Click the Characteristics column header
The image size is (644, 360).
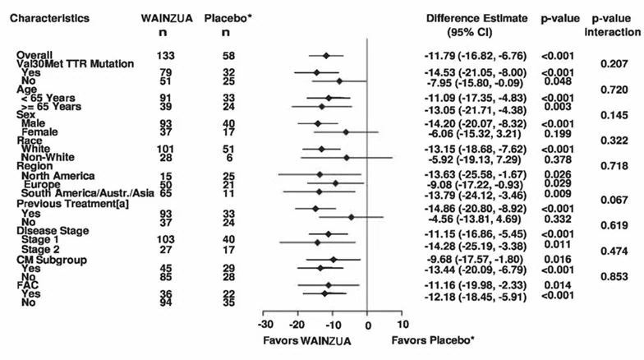click(49, 18)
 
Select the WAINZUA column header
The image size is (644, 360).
click(167, 18)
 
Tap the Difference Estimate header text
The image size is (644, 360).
click(476, 18)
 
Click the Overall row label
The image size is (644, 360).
click(34, 55)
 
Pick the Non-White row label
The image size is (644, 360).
click(48, 158)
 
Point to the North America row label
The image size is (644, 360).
click(57, 176)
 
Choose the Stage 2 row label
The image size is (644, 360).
click(40, 250)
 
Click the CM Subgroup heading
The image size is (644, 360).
click(52, 260)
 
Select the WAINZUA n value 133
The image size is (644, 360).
click(166, 56)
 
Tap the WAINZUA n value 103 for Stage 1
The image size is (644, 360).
click(166, 239)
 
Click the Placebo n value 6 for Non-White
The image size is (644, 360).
click(228, 158)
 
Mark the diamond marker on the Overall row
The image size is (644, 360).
click(327, 56)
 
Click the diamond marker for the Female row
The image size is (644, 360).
click(346, 132)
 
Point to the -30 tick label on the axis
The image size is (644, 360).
click(265, 325)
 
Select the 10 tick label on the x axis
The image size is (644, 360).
click(402, 325)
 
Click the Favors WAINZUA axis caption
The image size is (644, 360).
click(307, 340)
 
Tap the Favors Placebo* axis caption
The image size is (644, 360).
click(433, 340)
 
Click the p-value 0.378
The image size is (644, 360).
click(558, 159)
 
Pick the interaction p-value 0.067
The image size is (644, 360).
click(614, 200)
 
